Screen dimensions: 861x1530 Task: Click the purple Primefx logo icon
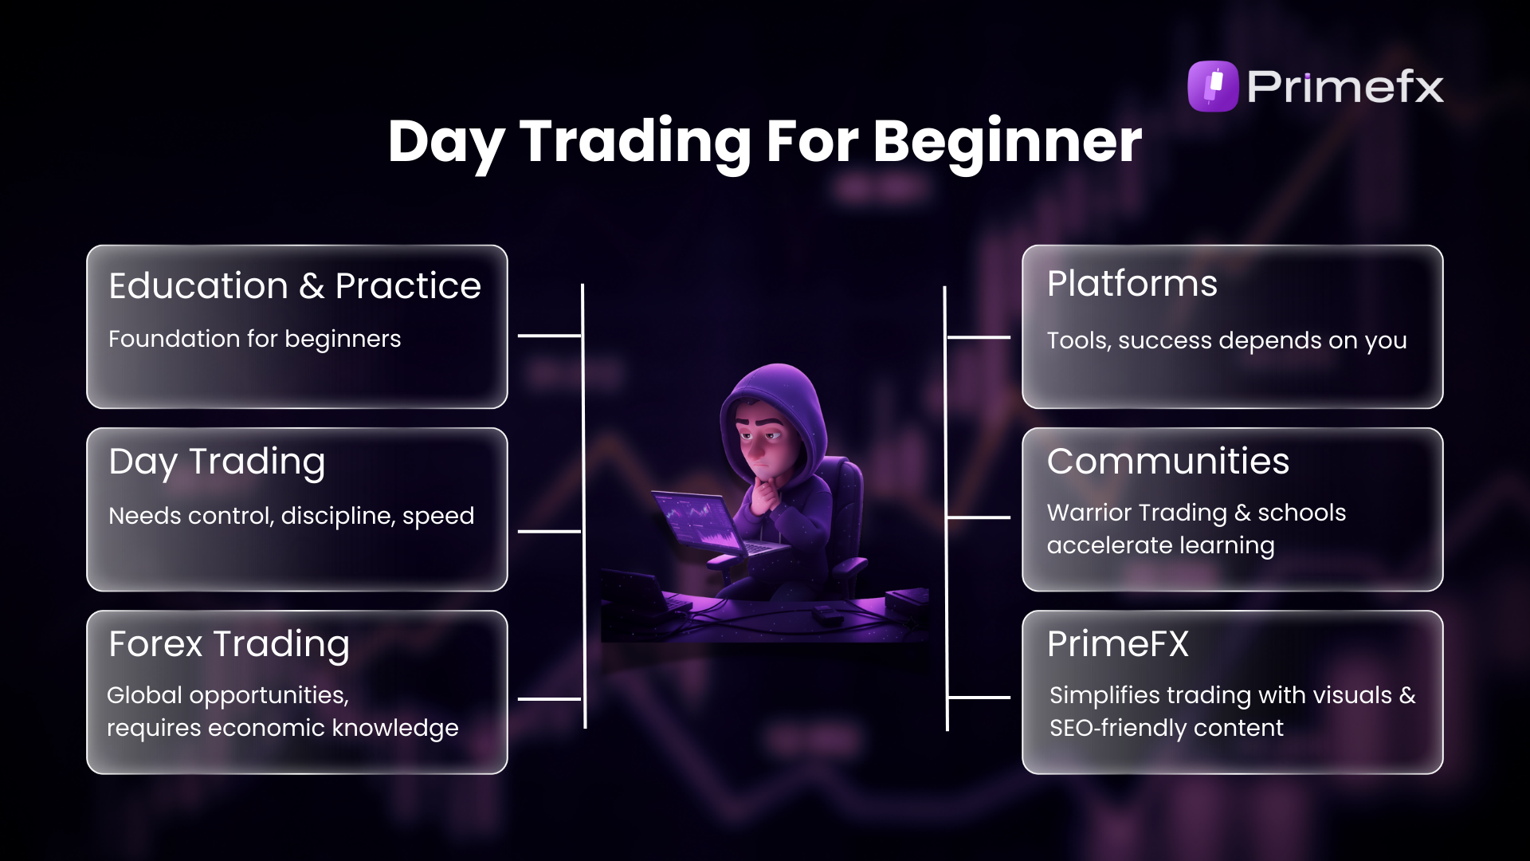1213,86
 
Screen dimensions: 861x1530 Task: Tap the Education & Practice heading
295,286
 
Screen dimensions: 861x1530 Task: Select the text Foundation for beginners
254,339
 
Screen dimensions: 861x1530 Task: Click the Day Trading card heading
217,462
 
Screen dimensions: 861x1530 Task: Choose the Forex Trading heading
229,644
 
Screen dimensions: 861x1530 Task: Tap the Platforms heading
1132,284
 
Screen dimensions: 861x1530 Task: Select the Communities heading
1167,462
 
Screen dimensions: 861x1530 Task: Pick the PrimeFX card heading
1117,644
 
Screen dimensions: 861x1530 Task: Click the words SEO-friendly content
1166,728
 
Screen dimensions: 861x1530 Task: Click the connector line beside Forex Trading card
550,699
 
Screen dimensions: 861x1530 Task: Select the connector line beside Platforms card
979,338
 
